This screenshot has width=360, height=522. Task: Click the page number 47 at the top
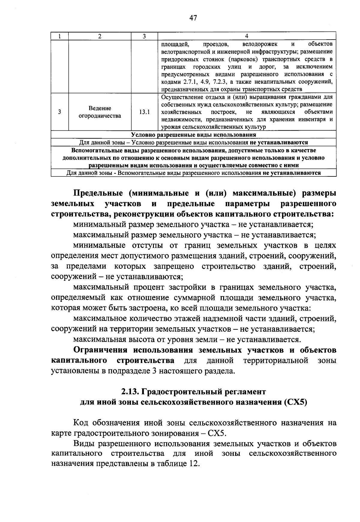tap(193, 18)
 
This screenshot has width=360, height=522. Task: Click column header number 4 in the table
tap(246, 36)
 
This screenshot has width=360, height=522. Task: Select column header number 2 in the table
tap(100, 36)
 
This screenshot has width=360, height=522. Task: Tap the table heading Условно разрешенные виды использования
tap(193, 135)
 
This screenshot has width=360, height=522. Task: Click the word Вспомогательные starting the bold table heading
tap(95, 150)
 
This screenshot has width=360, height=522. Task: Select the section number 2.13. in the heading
tap(130, 392)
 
